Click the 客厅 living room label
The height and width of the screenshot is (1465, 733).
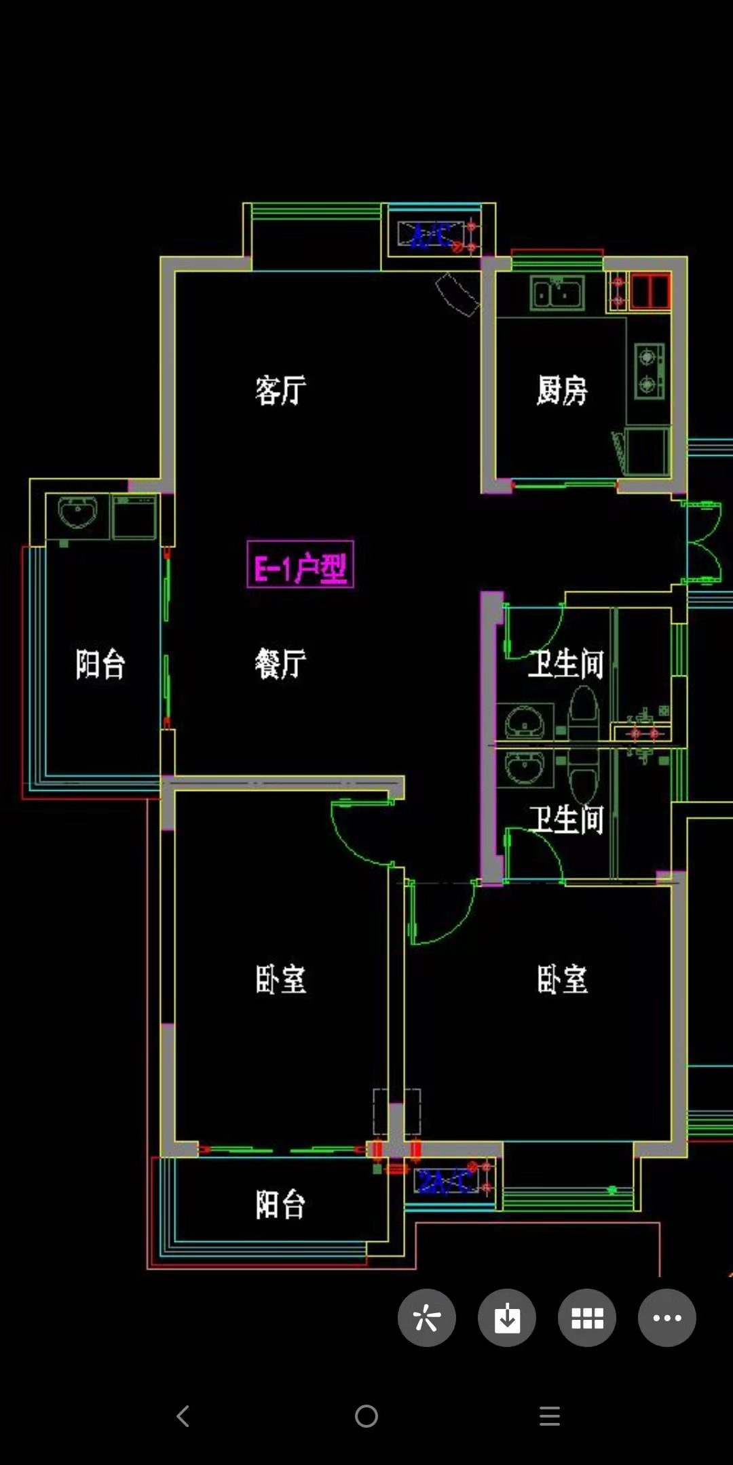[x=280, y=391]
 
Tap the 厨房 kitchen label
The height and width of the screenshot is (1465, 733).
[x=562, y=391]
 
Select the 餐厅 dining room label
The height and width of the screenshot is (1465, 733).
[x=280, y=663]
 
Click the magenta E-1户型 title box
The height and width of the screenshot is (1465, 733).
[x=300, y=564]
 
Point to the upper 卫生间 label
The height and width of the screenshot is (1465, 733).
[x=566, y=664]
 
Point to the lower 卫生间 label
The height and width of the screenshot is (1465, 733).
[x=566, y=819]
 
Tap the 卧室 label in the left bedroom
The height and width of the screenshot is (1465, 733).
[x=280, y=979]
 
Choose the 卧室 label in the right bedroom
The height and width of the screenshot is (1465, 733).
[x=562, y=979]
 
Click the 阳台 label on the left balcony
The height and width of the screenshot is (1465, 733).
[x=100, y=664]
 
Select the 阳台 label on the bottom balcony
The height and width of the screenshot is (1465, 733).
[x=280, y=1205]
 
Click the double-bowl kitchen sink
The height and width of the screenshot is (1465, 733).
[x=557, y=294]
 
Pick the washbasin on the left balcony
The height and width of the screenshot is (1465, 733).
[x=77, y=512]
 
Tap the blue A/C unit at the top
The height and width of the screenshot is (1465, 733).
[x=432, y=235]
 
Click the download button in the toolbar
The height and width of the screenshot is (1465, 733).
[x=507, y=1318]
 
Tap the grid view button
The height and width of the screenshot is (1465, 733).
[x=587, y=1318]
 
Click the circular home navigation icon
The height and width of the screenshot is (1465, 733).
[x=366, y=1416]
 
